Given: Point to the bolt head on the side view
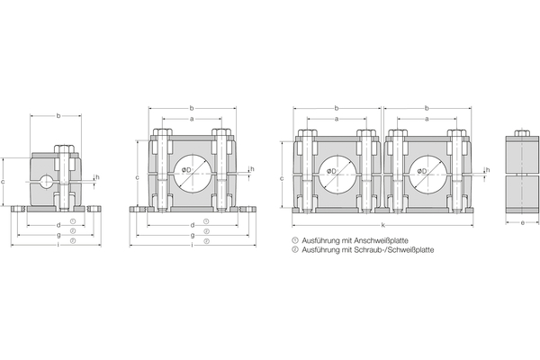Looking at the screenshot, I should [x=522, y=138].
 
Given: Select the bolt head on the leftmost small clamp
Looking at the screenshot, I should [x=65, y=148].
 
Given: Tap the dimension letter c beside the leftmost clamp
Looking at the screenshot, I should [x=4, y=182].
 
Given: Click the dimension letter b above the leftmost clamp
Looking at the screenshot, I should [x=58, y=115].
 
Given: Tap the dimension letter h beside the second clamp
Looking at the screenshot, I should [x=251, y=168].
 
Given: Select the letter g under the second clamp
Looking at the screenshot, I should [x=192, y=234].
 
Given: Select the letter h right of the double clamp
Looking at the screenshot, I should [x=487, y=168].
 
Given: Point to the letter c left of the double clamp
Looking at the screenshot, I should [x=283, y=178].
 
